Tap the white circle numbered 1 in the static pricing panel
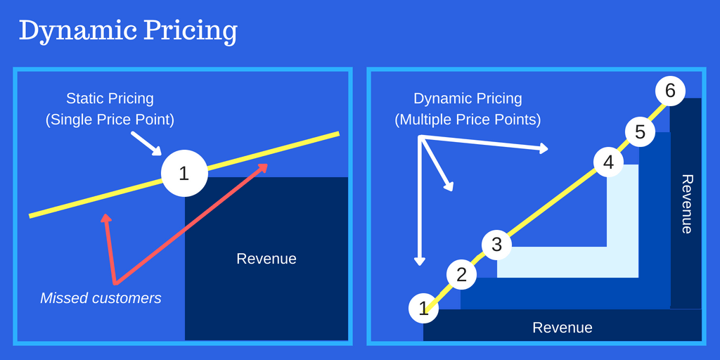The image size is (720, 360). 184,173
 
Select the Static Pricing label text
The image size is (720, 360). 110,98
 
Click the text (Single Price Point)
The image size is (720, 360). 110,120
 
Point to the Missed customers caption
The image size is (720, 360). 101,298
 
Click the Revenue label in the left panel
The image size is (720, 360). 266,259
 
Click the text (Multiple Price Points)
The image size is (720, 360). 468,120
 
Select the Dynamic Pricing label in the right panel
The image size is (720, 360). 468,98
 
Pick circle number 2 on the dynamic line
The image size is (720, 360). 461,275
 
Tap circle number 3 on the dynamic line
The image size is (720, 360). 496,245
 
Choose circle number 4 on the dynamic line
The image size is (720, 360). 608,162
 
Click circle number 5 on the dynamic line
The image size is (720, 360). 640,131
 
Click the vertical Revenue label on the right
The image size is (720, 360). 687,204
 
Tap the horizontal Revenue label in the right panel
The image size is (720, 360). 562,328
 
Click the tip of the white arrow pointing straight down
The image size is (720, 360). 420,263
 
